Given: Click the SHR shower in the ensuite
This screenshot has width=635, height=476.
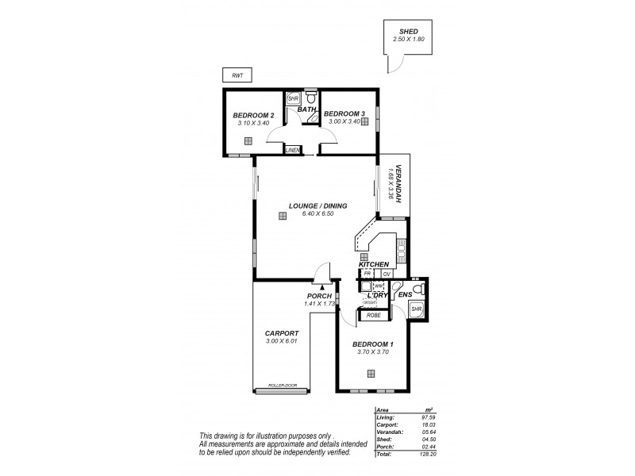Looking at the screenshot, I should click(417, 309).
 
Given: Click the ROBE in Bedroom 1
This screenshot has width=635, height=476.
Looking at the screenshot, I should click(373, 315).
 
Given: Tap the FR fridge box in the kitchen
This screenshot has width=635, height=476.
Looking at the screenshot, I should click(368, 274).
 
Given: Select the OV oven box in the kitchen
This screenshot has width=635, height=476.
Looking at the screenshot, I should click(387, 274).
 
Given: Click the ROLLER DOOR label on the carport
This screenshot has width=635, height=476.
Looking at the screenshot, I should click(281, 386).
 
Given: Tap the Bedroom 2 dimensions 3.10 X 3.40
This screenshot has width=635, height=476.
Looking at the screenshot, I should click(254, 123).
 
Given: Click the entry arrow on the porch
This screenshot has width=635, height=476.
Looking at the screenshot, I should click(321, 289).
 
